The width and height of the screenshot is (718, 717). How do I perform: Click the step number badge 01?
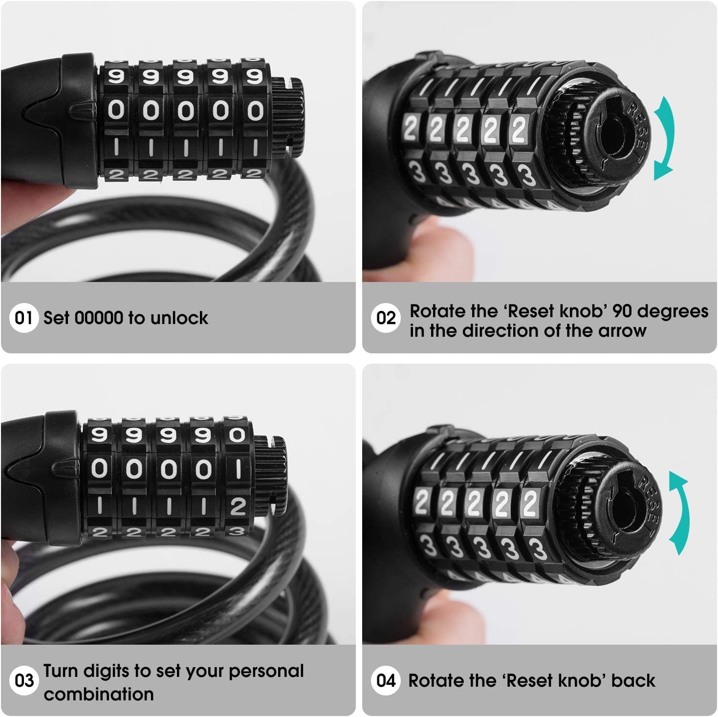[x=23, y=318]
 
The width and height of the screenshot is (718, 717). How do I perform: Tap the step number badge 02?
[x=386, y=318]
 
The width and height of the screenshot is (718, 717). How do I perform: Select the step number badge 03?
[x=23, y=681]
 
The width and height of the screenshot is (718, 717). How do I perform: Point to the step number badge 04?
[x=386, y=681]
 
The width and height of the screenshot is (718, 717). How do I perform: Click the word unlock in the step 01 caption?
[x=179, y=318]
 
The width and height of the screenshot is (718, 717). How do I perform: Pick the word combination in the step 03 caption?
[x=99, y=694]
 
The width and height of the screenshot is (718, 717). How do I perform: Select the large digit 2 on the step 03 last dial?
[x=238, y=507]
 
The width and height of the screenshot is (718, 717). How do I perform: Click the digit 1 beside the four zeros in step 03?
[x=238, y=470]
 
